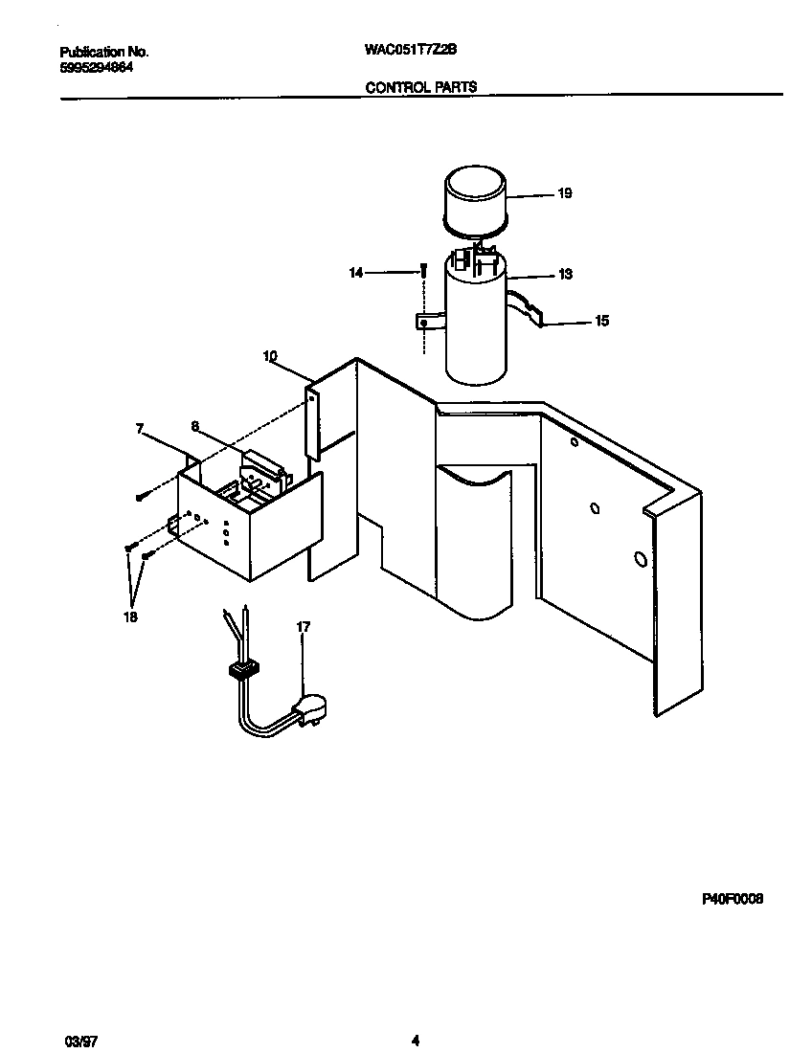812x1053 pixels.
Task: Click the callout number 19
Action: click(x=564, y=193)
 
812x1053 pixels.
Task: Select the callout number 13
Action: click(x=565, y=275)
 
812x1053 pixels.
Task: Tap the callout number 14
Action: click(x=356, y=273)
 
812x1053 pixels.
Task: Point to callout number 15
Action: click(x=601, y=322)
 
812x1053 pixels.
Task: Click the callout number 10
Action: click(x=270, y=355)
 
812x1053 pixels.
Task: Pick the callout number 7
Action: click(x=139, y=430)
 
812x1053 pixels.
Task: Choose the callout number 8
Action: click(x=194, y=427)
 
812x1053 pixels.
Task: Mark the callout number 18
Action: click(x=130, y=617)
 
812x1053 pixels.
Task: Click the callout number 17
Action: click(x=304, y=627)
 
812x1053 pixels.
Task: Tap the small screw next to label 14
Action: click(x=421, y=273)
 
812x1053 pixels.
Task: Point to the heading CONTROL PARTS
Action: click(x=420, y=87)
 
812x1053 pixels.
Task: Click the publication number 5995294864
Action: click(x=97, y=67)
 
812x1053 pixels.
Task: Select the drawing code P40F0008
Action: click(x=733, y=900)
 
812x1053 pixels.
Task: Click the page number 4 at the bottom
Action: click(x=416, y=1040)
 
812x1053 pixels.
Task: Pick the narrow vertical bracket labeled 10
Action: click(x=312, y=421)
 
